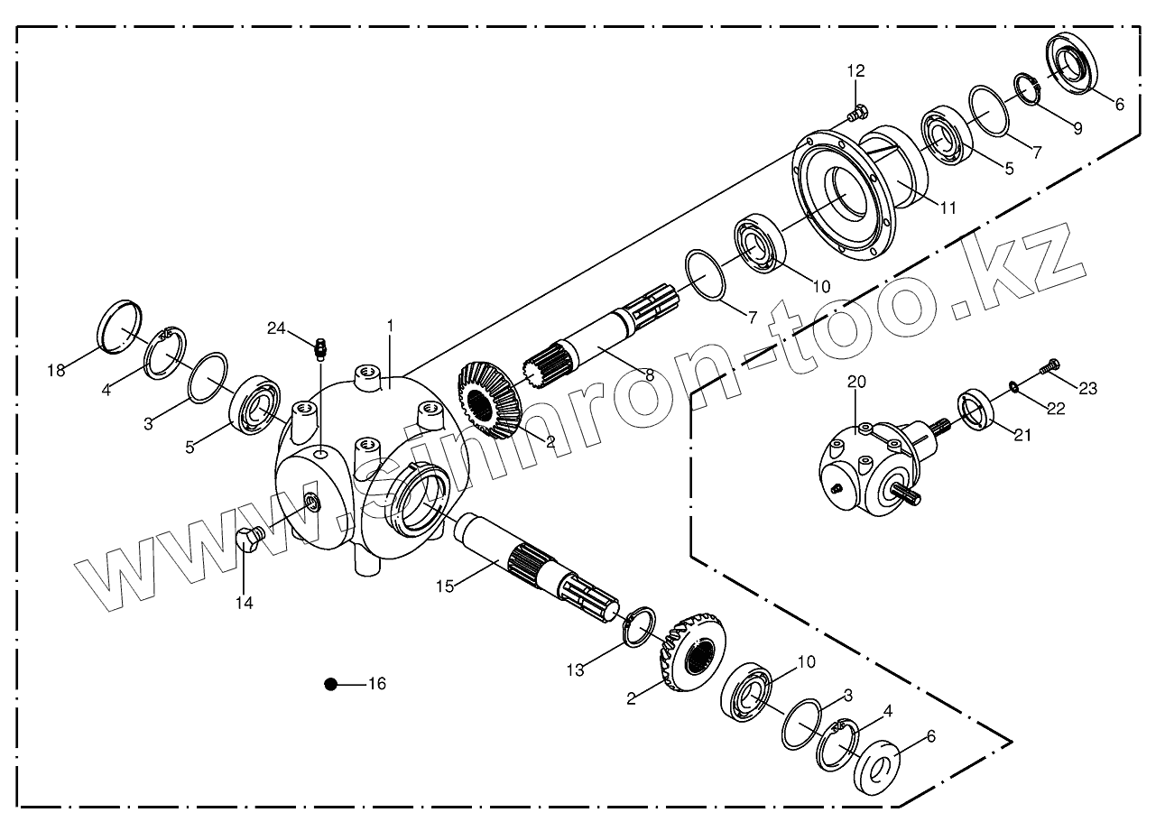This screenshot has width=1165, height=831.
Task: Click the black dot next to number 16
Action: [331, 684]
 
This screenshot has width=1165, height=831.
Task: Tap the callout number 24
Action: [276, 328]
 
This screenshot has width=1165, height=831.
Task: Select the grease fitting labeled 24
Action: [319, 347]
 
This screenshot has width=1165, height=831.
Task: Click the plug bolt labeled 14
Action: [248, 539]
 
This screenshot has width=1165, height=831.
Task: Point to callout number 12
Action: [855, 70]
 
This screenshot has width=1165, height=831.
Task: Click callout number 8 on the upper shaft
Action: [649, 373]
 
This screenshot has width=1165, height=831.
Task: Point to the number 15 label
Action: [445, 586]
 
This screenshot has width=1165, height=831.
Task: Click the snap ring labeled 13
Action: [638, 627]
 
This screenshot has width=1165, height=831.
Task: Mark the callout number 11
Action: [947, 208]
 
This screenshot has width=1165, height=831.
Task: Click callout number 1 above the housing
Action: [390, 324]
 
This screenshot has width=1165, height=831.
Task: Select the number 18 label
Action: [57, 370]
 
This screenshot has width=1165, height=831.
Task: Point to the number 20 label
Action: [856, 383]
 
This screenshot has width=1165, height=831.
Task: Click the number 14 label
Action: [245, 602]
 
